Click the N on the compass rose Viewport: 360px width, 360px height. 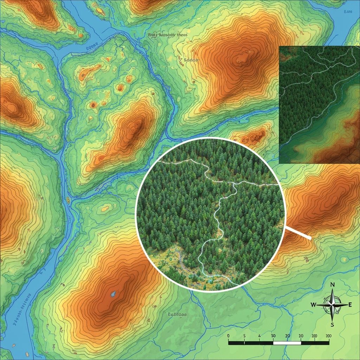tap(333, 285)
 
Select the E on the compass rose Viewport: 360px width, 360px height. tap(349, 305)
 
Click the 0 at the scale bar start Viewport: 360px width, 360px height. tap(229, 336)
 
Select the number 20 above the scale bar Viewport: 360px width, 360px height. tap(288, 336)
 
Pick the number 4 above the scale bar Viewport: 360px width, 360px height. tap(259, 336)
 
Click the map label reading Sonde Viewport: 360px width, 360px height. tap(191, 60)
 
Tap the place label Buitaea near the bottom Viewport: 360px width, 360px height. tap(177, 315)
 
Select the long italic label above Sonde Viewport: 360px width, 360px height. tap(168, 35)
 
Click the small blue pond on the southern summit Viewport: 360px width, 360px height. tap(113, 294)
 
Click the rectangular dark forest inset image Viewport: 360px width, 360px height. tap(319, 105)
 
